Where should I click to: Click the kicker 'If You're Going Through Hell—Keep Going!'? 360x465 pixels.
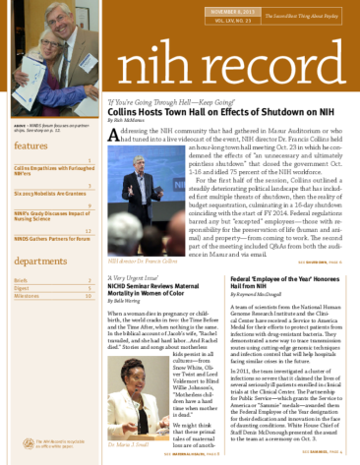[172, 101]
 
